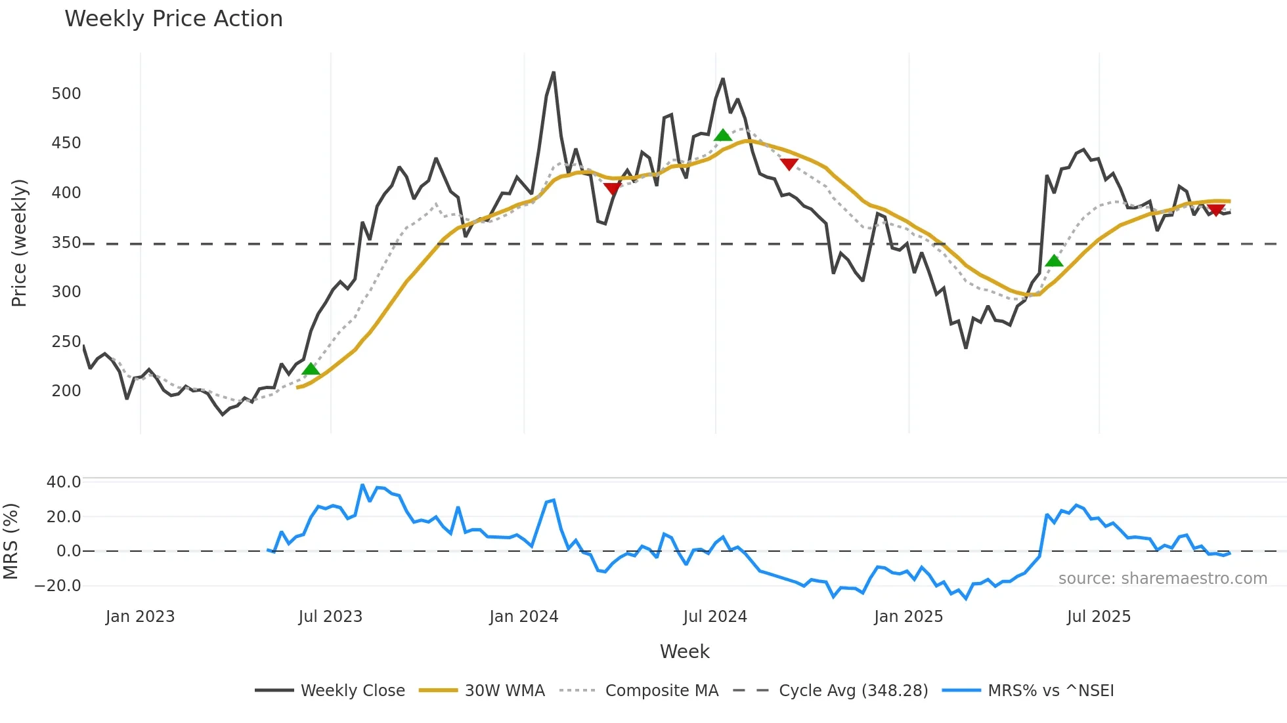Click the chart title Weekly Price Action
point(173,19)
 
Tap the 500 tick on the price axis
point(66,94)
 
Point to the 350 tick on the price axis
point(66,243)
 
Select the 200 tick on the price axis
point(66,391)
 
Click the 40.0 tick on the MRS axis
point(64,482)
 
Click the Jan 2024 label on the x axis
point(523,617)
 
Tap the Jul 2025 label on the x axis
point(1099,617)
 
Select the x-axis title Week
point(684,651)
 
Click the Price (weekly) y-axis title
point(19,243)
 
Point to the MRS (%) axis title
point(11,541)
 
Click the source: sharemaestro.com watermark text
point(1162,579)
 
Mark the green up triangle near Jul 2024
point(722,136)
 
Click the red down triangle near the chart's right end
point(1215,211)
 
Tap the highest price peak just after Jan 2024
point(554,73)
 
